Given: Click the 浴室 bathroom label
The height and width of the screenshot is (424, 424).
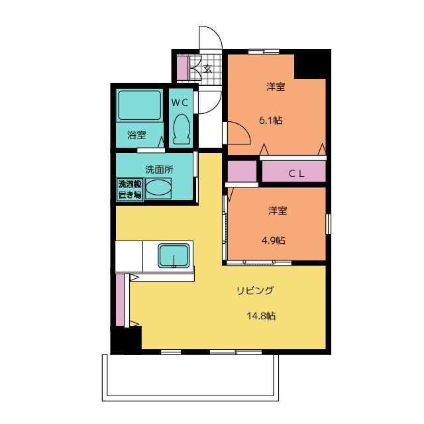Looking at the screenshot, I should tap(136, 135).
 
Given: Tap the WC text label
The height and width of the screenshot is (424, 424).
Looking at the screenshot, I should tap(180, 103).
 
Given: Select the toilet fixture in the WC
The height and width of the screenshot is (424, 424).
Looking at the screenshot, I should tap(181, 129).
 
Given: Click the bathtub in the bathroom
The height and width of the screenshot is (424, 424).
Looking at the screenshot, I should tap(140, 105).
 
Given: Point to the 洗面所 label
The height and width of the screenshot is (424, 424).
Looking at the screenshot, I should tap(159, 169).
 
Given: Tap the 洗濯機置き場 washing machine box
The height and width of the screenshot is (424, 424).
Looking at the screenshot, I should tap(130, 189).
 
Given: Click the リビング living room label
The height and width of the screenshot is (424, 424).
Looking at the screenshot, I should tap(255, 290).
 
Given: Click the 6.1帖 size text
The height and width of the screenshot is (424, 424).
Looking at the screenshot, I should tap(271, 121).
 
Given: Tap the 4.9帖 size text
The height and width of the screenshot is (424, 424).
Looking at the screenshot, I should tap(274, 240).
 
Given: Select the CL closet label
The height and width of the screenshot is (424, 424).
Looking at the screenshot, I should tap(295, 174).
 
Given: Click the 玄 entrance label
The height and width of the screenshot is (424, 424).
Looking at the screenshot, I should tap(207, 68).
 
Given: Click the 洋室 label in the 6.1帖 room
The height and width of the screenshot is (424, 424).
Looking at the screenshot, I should tap(276, 87).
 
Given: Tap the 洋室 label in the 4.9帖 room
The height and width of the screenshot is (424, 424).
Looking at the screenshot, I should tap(278, 211).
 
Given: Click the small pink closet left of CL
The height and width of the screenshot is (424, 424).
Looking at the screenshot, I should tap(242, 172).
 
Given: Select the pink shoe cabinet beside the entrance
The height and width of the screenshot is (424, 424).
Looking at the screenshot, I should tap(182, 68).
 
